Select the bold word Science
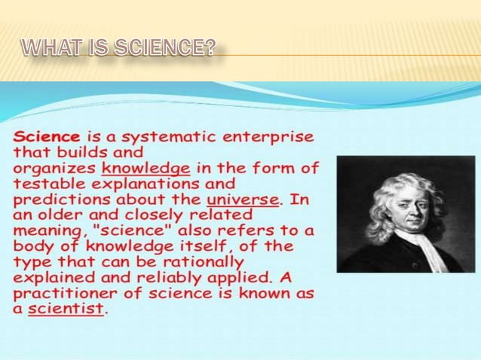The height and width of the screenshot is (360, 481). pos(46,138)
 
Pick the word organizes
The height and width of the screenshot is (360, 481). pos(54,168)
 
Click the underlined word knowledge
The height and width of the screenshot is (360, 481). pos(146,168)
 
